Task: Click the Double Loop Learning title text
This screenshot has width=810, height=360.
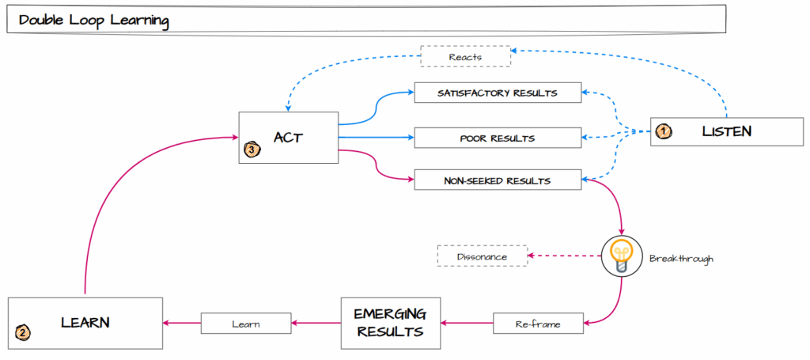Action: [x=93, y=21]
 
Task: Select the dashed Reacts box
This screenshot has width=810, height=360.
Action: [x=464, y=56]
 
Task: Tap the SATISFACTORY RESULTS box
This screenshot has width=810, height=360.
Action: [x=498, y=93]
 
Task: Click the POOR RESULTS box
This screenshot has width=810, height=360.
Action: [x=498, y=138]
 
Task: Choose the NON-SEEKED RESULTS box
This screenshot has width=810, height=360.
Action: [x=498, y=181]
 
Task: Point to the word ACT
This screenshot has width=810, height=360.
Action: [x=289, y=137]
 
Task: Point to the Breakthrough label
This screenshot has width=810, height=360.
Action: [x=681, y=259]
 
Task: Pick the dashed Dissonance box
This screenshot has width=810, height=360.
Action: [x=482, y=256]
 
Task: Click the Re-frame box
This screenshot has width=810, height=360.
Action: [x=538, y=323]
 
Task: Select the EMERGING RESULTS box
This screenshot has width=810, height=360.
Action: [x=392, y=323]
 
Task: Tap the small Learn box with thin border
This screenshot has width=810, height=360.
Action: [x=246, y=323]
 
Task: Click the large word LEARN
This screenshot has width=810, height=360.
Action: [x=85, y=322]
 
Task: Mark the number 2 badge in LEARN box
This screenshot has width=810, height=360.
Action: [x=23, y=333]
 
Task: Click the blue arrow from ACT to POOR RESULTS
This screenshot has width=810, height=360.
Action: [x=375, y=138]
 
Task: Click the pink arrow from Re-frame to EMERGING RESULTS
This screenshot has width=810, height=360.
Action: [x=467, y=323]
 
